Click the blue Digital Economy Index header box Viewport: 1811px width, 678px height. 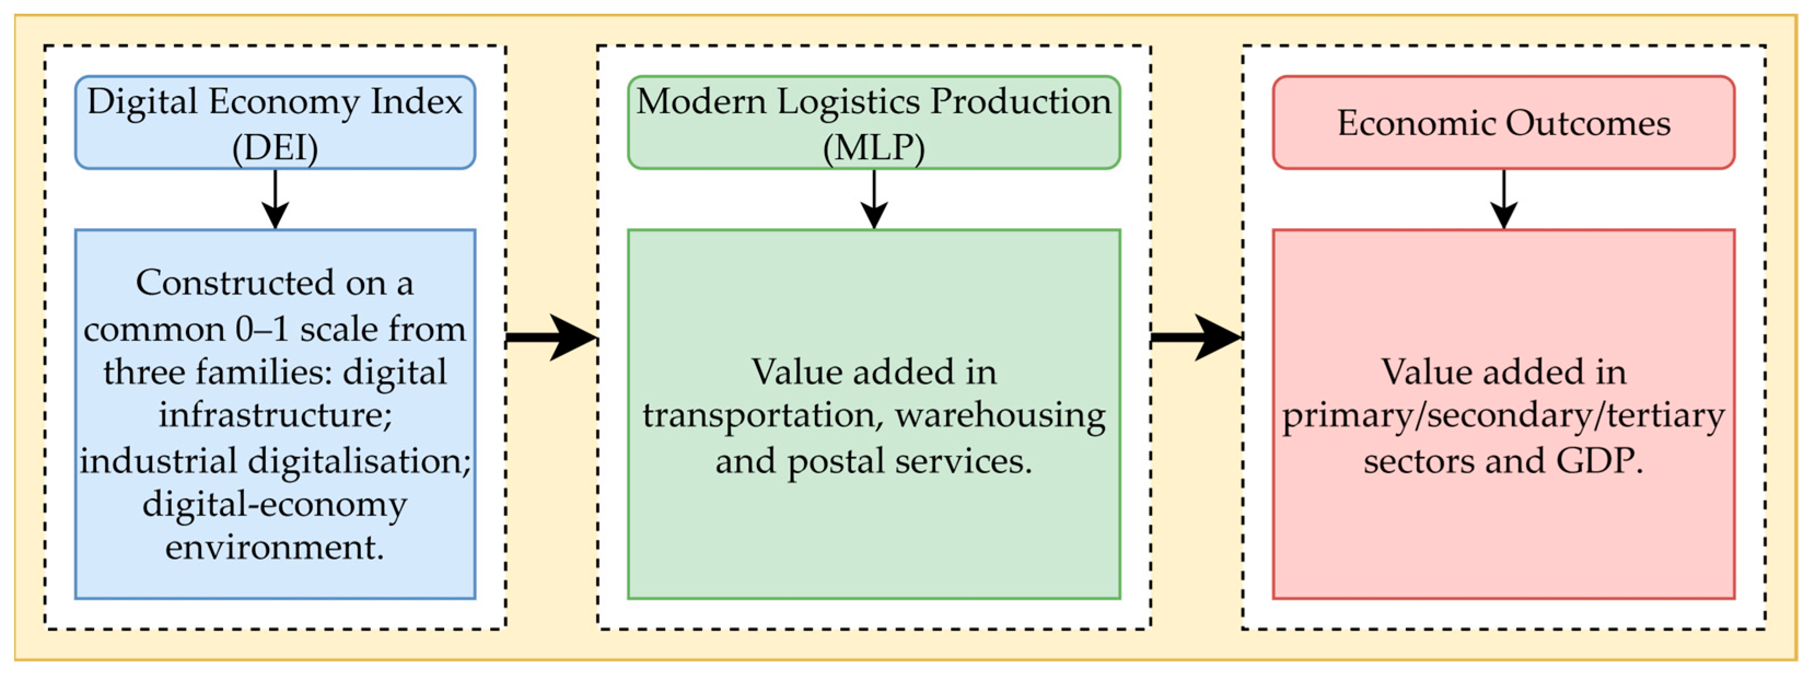pos(275,122)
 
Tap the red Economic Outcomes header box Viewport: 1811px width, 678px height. pos(1503,122)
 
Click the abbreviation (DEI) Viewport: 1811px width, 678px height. pos(275,148)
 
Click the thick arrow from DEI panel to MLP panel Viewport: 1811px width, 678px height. pos(552,338)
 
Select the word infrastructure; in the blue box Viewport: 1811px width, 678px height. pos(275,415)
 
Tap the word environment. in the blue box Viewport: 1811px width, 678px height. pos(275,547)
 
